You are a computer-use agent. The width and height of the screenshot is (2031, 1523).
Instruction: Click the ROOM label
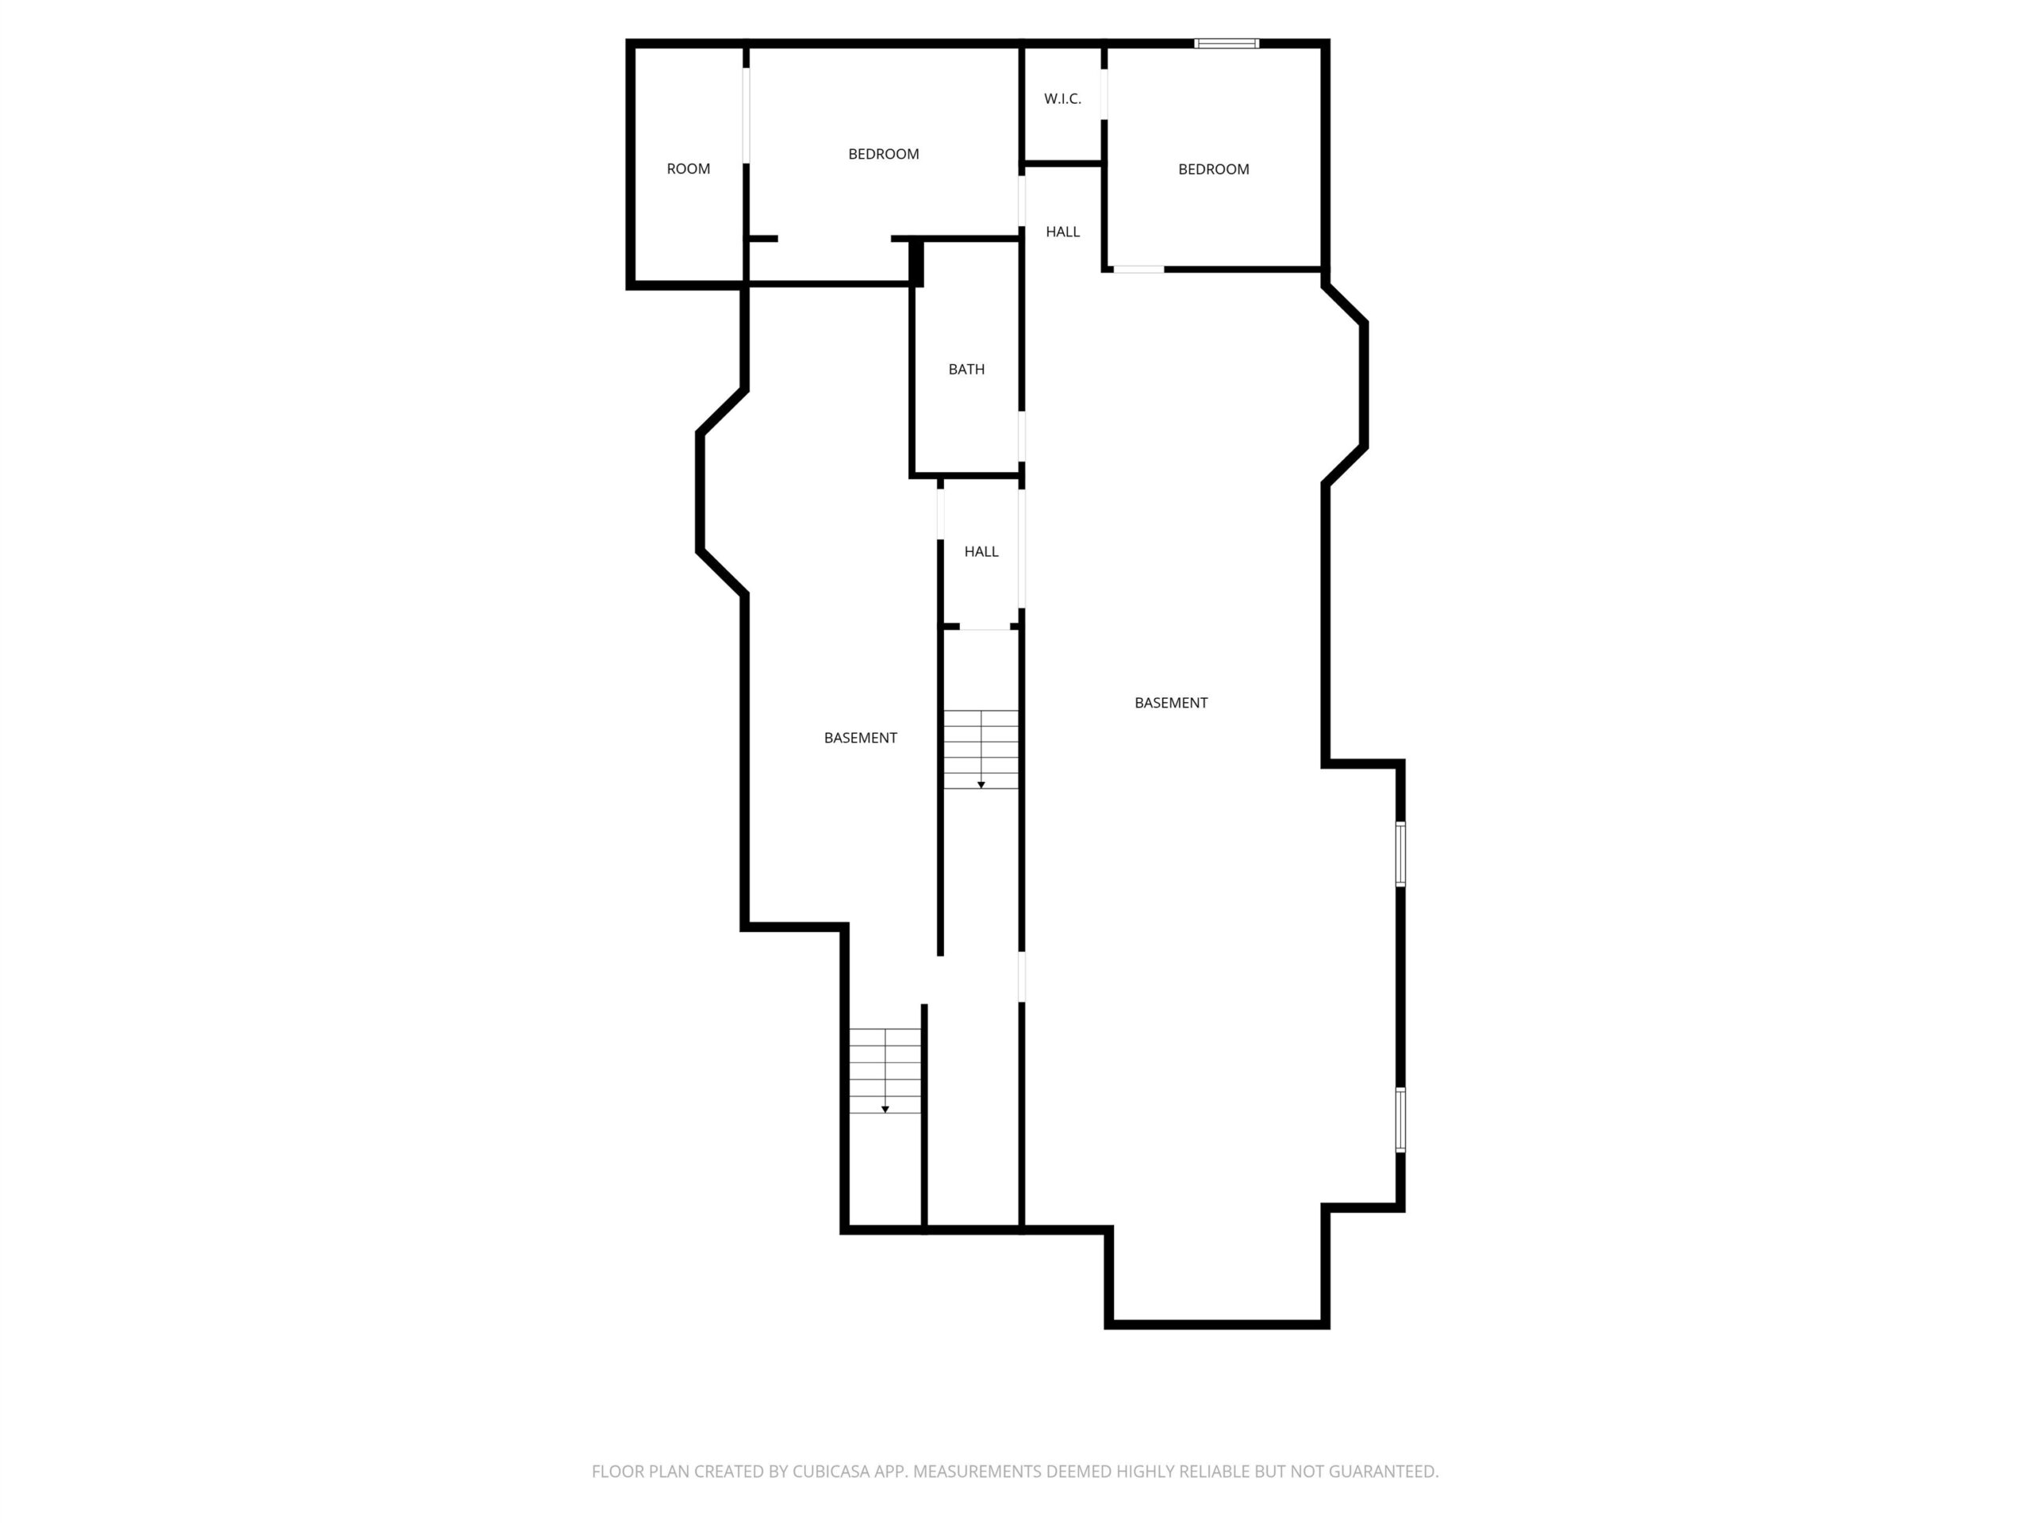click(688, 169)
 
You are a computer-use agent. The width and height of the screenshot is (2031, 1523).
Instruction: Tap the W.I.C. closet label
click(1062, 99)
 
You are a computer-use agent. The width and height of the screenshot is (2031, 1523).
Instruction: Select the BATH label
click(966, 369)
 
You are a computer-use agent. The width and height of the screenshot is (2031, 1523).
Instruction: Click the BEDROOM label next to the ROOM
click(883, 154)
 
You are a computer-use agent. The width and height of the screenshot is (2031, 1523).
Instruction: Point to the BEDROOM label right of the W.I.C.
click(1213, 169)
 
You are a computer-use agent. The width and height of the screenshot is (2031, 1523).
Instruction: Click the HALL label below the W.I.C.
click(1062, 232)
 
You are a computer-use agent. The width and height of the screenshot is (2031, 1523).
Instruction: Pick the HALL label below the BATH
click(981, 552)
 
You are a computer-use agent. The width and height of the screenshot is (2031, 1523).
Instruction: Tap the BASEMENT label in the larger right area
click(1171, 704)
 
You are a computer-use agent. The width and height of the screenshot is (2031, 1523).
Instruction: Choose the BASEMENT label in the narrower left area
click(860, 738)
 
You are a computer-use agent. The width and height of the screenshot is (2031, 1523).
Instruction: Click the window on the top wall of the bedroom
click(1226, 43)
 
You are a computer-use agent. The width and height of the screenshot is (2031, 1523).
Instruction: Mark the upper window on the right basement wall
click(1400, 854)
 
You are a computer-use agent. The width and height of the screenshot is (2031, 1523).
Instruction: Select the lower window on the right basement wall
click(1400, 1119)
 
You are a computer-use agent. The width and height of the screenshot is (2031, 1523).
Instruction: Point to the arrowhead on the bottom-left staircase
click(885, 1110)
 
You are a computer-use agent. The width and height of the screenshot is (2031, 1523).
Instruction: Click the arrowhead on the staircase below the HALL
click(981, 785)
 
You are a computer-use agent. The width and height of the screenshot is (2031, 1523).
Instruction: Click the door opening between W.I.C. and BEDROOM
click(1104, 94)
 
